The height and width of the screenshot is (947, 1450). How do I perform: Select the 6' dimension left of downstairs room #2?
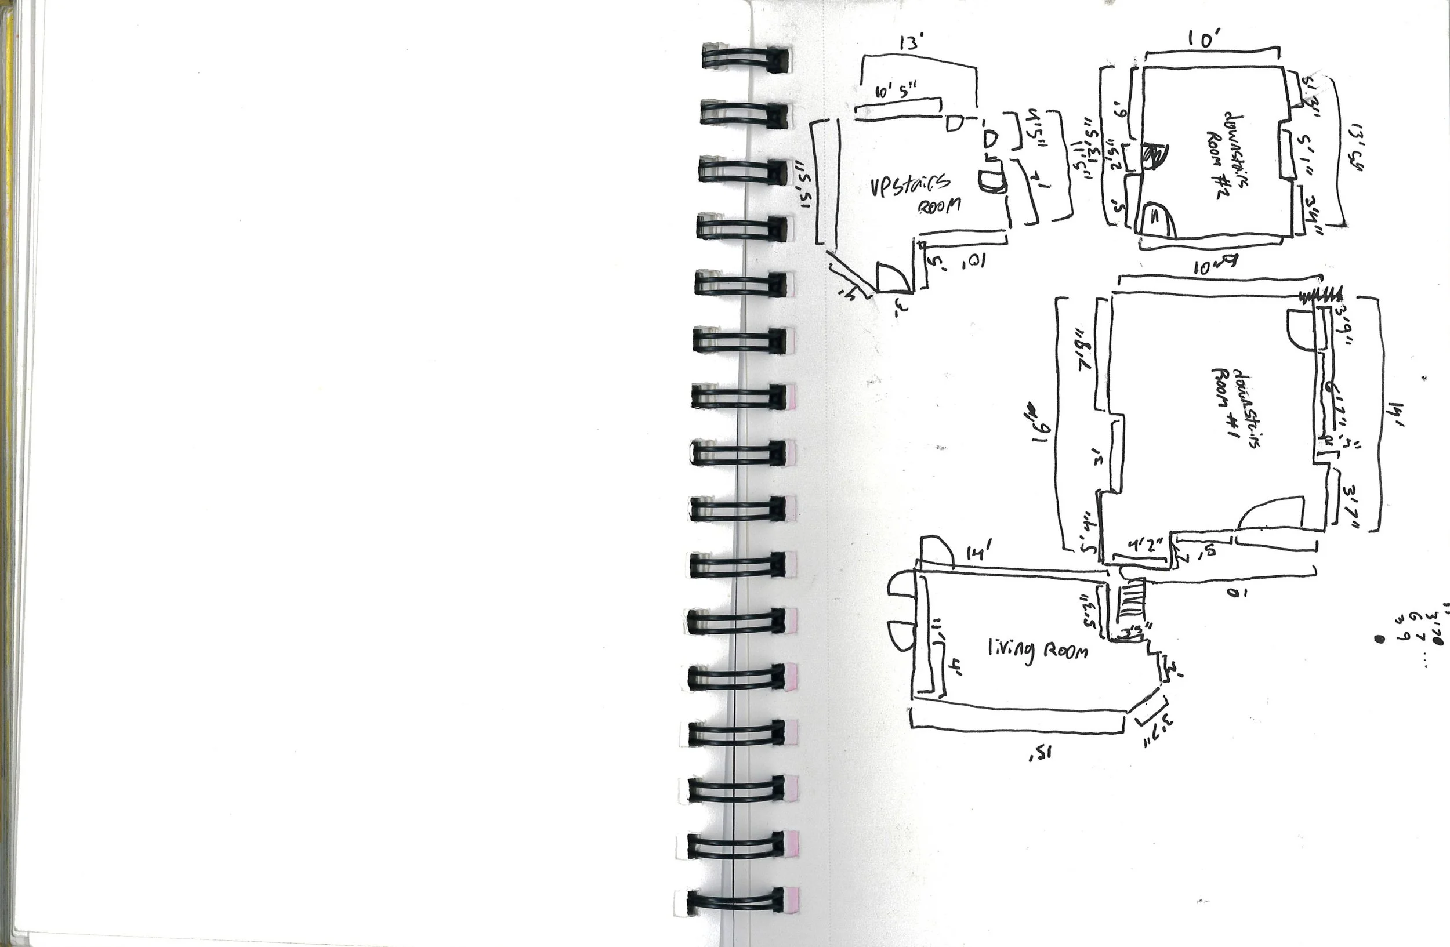click(1120, 111)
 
